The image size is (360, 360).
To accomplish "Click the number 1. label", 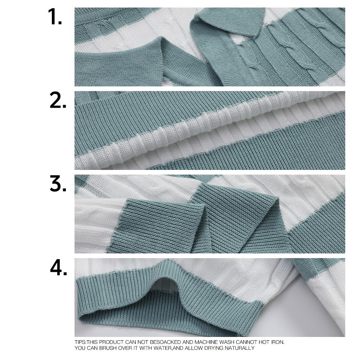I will pyautogui.click(x=55, y=17).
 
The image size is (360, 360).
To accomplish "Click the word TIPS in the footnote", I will pyautogui.click(x=80, y=342).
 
